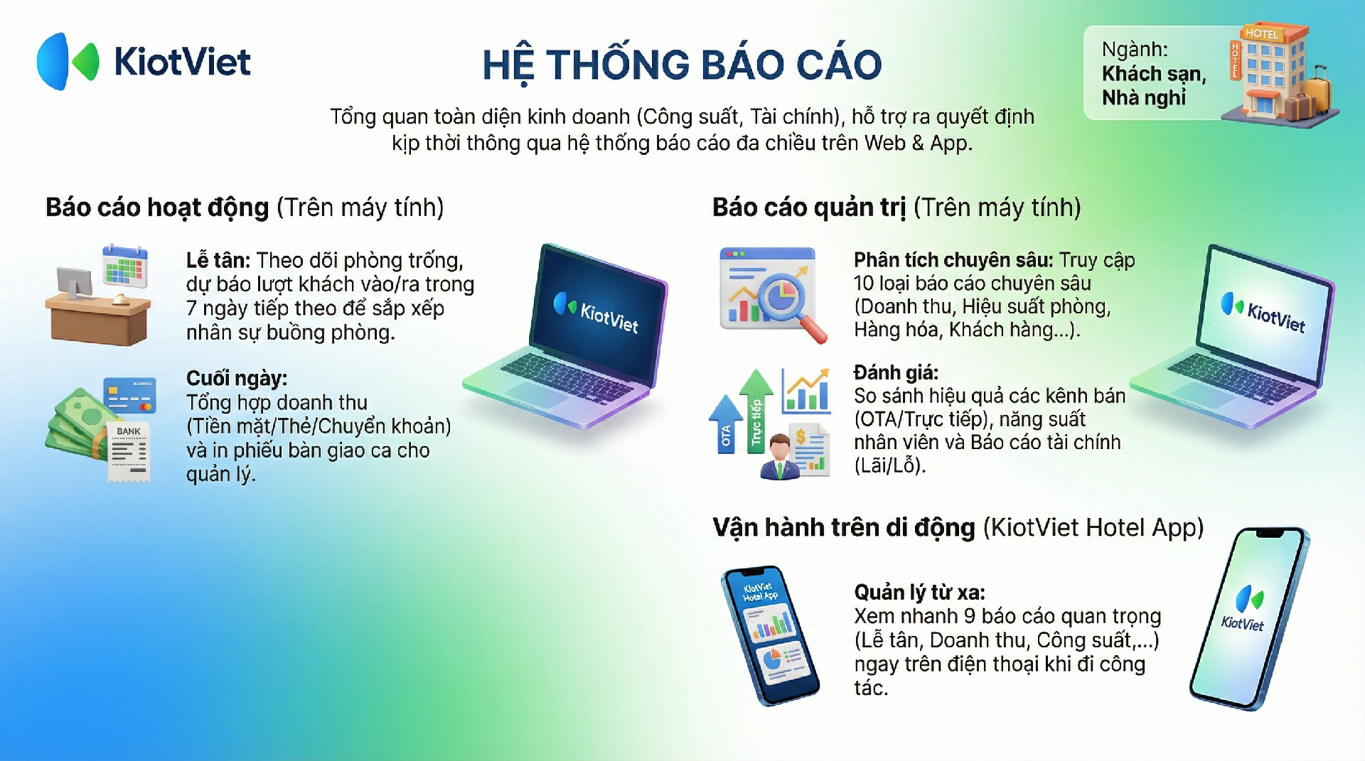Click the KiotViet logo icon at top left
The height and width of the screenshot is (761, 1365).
[x=68, y=61]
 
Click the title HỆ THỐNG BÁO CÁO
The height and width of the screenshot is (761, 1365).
[x=682, y=65]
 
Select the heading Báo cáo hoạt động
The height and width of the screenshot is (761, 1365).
[x=157, y=207]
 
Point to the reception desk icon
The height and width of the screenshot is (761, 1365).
[x=98, y=296]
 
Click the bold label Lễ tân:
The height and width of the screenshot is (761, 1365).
[x=218, y=260]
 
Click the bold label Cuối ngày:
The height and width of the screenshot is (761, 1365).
[x=237, y=378]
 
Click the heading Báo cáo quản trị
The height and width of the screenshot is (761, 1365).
[x=809, y=207]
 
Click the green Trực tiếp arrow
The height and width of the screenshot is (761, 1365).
[x=756, y=411]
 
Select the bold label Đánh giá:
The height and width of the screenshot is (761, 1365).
[x=896, y=372]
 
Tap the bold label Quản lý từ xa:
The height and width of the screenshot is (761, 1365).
[x=920, y=593]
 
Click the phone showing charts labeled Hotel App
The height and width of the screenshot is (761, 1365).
[x=770, y=635]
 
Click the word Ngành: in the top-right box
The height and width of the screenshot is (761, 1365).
[x=1135, y=50]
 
